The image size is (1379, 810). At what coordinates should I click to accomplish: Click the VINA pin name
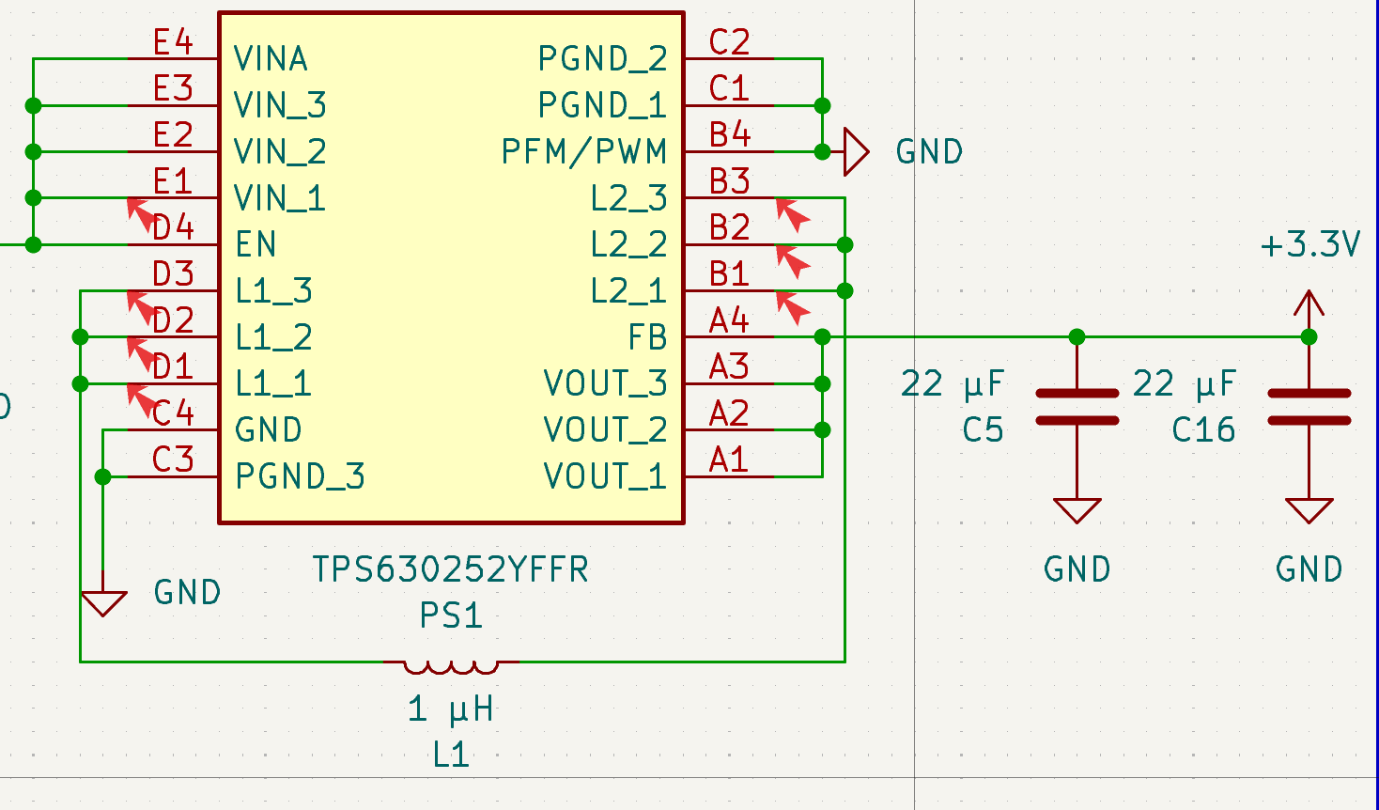[271, 59]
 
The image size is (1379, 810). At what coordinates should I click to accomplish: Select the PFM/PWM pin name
[583, 151]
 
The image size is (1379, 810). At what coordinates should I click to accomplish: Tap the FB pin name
[647, 337]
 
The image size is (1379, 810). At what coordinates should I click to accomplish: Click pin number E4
[173, 42]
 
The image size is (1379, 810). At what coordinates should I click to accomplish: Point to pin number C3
[173, 460]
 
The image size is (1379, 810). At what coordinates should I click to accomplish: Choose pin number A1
[729, 460]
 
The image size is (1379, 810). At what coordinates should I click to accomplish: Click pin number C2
[729, 42]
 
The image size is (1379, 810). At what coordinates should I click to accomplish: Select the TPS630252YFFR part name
[450, 569]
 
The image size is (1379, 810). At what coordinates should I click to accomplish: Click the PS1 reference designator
[451, 615]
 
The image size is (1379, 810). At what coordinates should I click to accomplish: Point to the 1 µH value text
[451, 709]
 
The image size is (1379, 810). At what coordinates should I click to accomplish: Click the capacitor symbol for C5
[1077, 407]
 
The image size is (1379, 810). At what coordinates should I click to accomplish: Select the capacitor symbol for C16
[1309, 407]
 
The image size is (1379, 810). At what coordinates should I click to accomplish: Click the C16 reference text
[1203, 430]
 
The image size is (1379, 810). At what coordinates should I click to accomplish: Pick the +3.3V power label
[1309, 245]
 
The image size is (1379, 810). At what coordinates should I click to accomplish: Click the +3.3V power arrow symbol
[1309, 304]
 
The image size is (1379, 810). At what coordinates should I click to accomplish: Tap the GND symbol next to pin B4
[856, 151]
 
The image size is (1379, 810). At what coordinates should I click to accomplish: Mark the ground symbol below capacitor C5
[1077, 510]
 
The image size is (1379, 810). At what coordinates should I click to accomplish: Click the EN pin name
[256, 245]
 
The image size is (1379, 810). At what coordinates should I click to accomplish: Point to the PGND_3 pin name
[300, 476]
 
